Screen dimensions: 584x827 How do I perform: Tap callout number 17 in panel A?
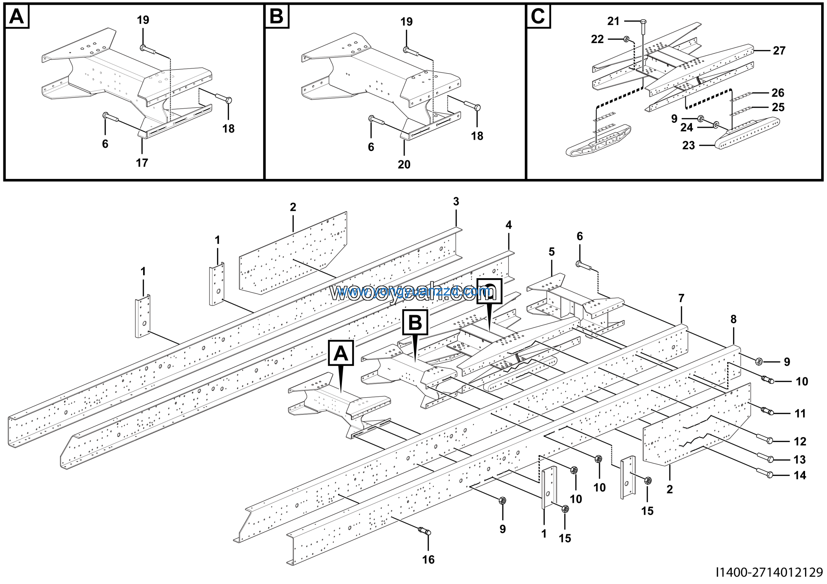142,163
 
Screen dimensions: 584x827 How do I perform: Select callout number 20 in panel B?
404,164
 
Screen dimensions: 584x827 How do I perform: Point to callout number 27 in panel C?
779,51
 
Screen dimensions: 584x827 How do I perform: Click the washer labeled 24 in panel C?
715,125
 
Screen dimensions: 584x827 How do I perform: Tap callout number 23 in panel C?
688,145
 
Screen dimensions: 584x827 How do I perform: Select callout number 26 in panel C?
778,93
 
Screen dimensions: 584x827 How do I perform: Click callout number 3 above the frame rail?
456,202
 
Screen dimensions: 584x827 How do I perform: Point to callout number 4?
508,225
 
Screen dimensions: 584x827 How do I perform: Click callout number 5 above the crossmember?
552,252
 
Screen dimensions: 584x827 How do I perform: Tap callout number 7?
681,298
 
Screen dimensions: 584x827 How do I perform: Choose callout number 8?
733,319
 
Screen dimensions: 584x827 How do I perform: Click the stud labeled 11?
767,411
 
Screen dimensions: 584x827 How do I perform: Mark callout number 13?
800,460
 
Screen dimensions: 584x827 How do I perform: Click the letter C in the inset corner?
538,16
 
